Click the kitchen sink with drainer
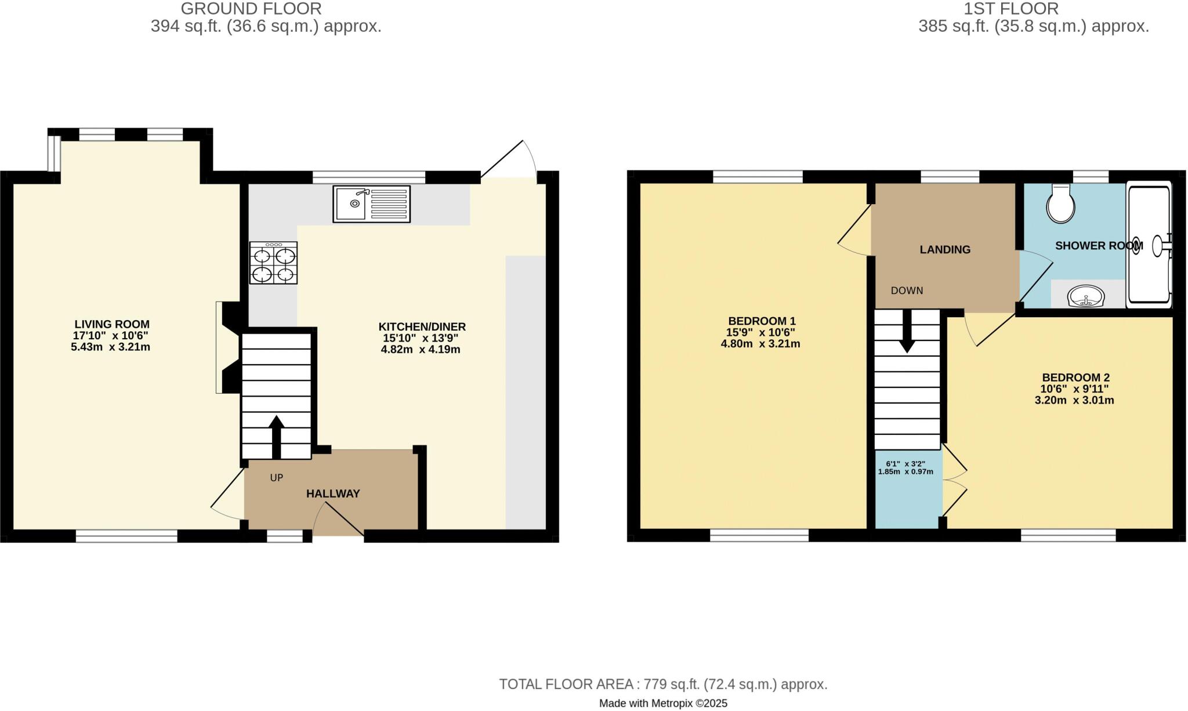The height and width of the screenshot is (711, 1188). (x=371, y=204)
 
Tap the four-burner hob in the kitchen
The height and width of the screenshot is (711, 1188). (x=273, y=263)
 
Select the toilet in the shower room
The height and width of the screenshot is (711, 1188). (x=1060, y=205)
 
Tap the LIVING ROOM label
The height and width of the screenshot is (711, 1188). (x=112, y=325)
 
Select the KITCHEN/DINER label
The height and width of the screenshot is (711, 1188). (x=422, y=327)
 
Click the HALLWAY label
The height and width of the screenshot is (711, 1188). (x=333, y=494)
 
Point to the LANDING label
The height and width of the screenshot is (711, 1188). (x=945, y=250)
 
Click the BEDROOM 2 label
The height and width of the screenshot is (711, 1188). (x=1075, y=378)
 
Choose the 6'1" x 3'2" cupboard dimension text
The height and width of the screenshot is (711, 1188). (x=906, y=464)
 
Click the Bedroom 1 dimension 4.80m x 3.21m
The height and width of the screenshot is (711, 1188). (x=760, y=344)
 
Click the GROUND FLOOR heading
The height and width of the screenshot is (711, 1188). (x=251, y=9)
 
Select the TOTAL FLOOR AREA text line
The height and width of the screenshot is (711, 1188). (x=663, y=684)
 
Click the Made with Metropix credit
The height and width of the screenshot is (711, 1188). (x=663, y=703)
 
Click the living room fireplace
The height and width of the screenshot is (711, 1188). (x=227, y=347)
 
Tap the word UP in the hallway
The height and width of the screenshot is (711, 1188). (x=277, y=478)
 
